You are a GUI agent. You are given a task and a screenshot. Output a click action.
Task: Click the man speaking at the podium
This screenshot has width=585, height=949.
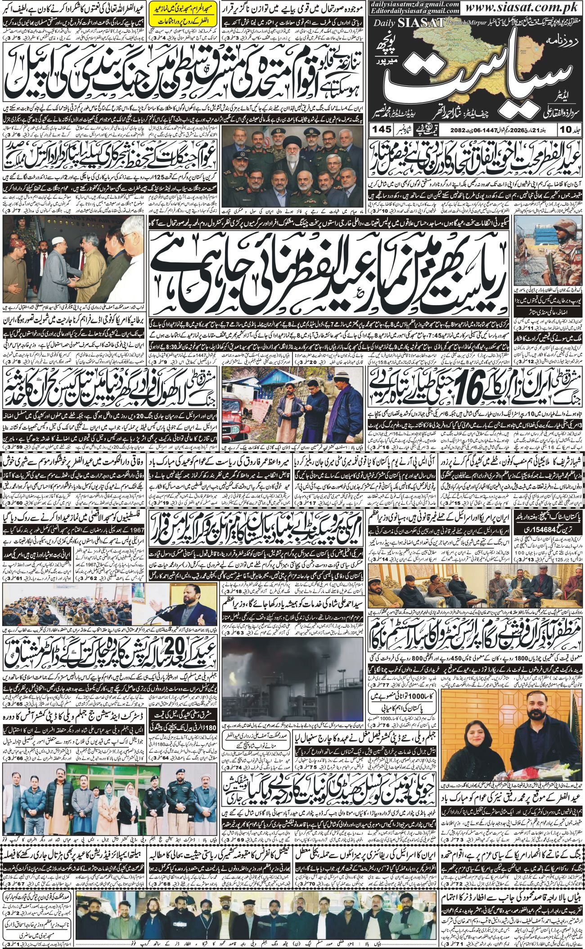coord(189,620)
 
